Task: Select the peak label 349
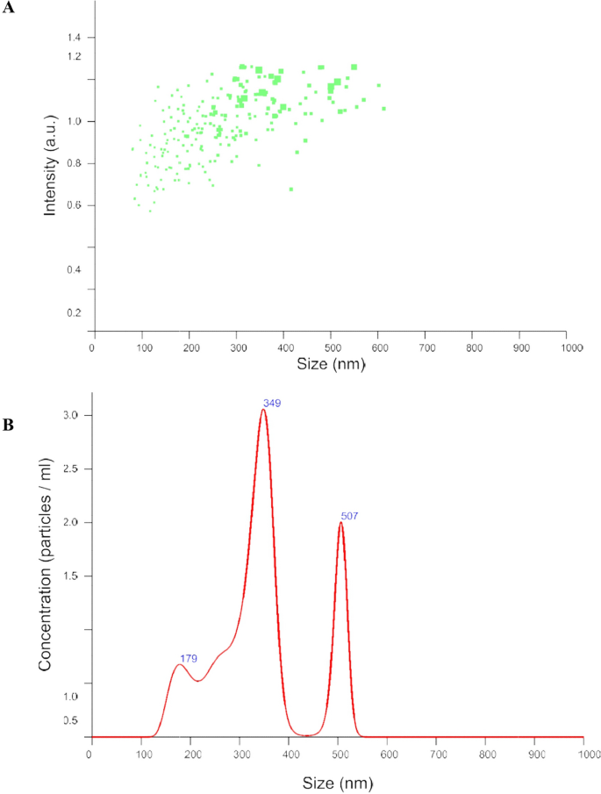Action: point(270,403)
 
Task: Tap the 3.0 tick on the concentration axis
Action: point(73,415)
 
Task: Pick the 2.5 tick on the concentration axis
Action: point(73,469)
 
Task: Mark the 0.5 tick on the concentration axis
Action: point(73,720)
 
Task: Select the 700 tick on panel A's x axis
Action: point(425,347)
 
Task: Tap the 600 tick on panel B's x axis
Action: point(389,754)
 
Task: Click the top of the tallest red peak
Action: point(263,410)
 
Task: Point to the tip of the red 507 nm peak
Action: point(341,523)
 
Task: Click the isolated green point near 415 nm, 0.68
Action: point(291,189)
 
